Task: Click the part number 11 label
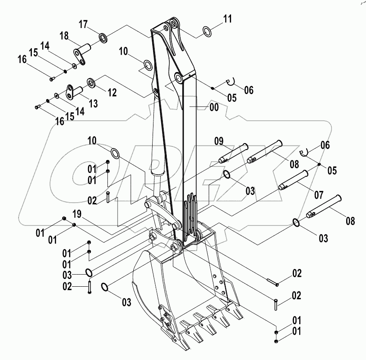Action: coord(227,19)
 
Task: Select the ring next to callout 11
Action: coord(207,31)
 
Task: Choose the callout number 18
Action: coord(64,36)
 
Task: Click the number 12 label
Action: coord(112,92)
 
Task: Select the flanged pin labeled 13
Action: coord(74,91)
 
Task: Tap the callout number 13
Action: coord(93,104)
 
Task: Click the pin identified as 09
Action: coord(233,153)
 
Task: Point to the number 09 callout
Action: coord(219,140)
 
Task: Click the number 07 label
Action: coord(318,195)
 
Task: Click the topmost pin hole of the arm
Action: coord(174,22)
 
